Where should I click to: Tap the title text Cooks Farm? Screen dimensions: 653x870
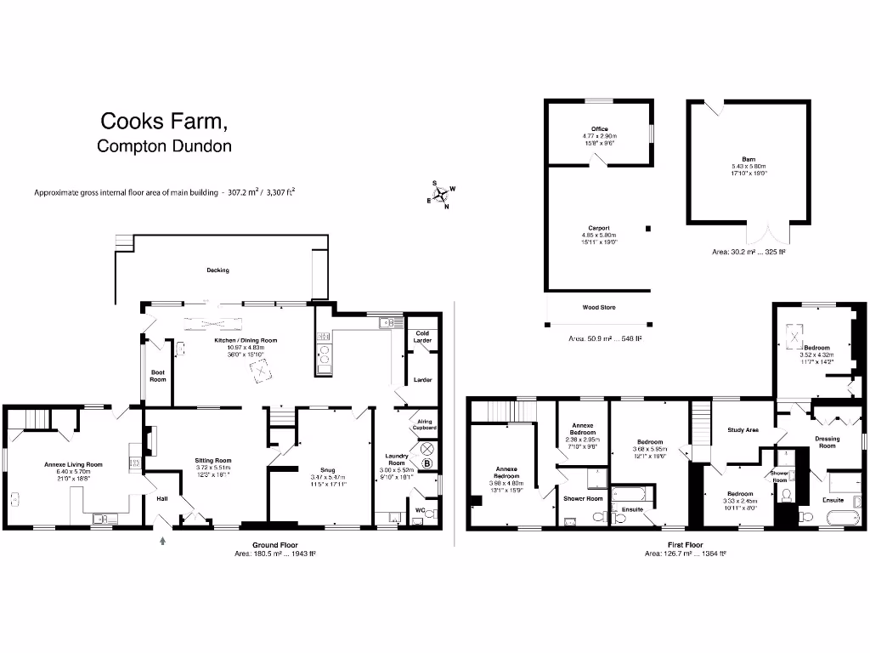click(163, 122)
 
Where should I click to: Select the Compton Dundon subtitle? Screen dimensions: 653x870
click(164, 146)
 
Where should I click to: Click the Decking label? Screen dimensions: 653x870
click(218, 270)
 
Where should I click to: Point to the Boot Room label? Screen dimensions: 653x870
click(158, 375)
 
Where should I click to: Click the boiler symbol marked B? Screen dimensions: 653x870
click(427, 463)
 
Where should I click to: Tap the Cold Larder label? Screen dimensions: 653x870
click(422, 337)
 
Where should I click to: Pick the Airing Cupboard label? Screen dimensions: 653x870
click(426, 424)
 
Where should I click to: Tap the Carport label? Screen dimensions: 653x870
click(599, 228)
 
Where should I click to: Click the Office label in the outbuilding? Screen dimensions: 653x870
click(600, 129)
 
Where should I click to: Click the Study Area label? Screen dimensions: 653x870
click(743, 430)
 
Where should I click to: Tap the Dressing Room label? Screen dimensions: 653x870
click(827, 442)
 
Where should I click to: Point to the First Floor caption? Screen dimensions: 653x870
click(684, 544)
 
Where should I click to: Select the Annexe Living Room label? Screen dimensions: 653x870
click(73, 465)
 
